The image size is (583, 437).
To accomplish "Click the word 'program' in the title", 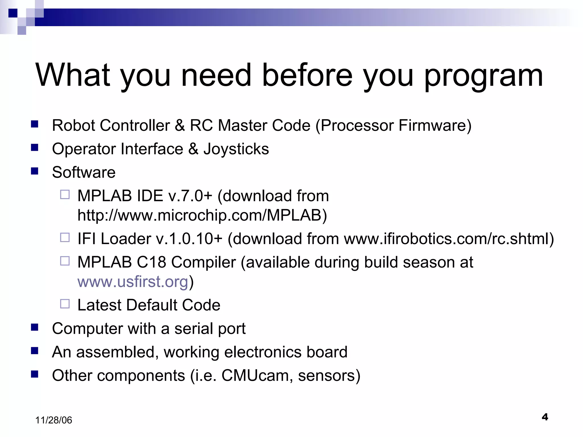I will pyautogui.click(x=483, y=76).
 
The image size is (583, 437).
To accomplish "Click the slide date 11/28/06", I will pyautogui.click(x=54, y=420).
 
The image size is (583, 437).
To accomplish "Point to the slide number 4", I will pyautogui.click(x=545, y=417).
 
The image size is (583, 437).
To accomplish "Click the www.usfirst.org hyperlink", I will pyautogui.click(x=133, y=282).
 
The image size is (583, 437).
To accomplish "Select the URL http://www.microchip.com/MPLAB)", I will pyautogui.click(x=202, y=215).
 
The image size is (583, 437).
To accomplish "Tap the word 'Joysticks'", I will pyautogui.click(x=236, y=149).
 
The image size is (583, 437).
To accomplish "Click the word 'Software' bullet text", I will pyautogui.click(x=84, y=172).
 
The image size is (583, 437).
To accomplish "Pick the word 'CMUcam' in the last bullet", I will pyautogui.click(x=255, y=375).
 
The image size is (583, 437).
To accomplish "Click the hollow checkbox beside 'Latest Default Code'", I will pyautogui.click(x=65, y=304).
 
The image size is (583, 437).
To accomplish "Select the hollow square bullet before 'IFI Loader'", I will pyautogui.click(x=65, y=237).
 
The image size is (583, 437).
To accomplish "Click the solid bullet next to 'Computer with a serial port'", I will pyautogui.click(x=35, y=327).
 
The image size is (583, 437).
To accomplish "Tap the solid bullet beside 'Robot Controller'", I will pyautogui.click(x=35, y=124).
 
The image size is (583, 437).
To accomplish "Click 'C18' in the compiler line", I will pyautogui.click(x=151, y=262).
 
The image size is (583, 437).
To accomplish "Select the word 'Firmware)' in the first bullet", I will pyautogui.click(x=435, y=125).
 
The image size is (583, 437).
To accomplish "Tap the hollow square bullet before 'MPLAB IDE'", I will pyautogui.click(x=65, y=195).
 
